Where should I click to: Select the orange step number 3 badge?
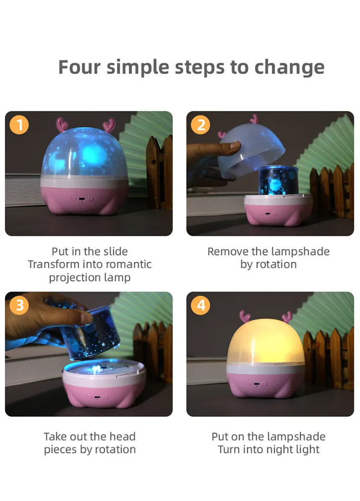pyautogui.click(x=19, y=305)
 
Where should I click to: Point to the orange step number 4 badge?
pyautogui.click(x=201, y=305)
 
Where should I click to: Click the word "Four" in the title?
pyautogui.click(x=79, y=67)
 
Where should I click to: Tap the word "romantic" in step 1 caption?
pyautogui.click(x=128, y=264)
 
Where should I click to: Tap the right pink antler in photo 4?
pyautogui.click(x=287, y=317)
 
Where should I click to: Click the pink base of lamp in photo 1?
pyautogui.click(x=84, y=199)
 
